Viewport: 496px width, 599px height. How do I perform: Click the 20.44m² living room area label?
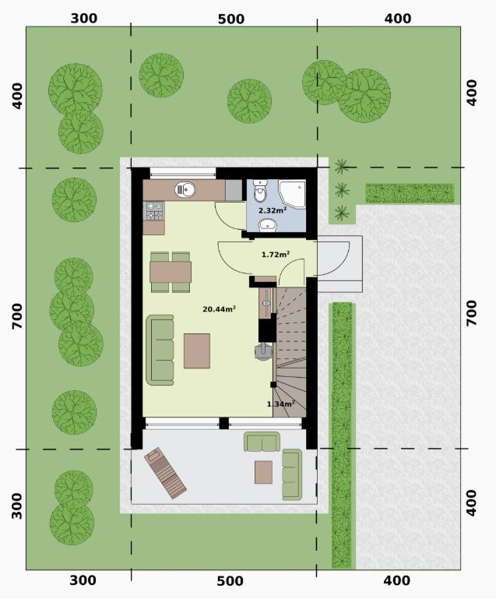pyautogui.click(x=219, y=308)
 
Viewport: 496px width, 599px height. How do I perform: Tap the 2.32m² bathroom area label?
pyautogui.click(x=273, y=210)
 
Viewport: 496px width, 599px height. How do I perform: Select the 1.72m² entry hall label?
pyautogui.click(x=276, y=254)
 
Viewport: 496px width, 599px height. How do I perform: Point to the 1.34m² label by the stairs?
pyautogui.click(x=280, y=403)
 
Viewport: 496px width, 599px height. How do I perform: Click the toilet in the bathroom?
pyautogui.click(x=260, y=191)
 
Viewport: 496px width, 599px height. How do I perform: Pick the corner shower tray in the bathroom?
pyautogui.click(x=292, y=195)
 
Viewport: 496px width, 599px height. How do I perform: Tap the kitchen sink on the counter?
pyautogui.click(x=185, y=189)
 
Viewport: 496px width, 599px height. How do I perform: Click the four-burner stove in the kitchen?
pyautogui.click(x=154, y=211)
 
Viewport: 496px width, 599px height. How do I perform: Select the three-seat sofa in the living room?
pyautogui.click(x=160, y=350)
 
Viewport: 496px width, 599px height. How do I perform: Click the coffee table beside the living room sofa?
pyautogui.click(x=197, y=351)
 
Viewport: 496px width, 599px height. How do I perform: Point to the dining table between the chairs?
pyautogui.click(x=171, y=272)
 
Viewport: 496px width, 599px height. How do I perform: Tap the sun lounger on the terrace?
pyautogui.click(x=165, y=474)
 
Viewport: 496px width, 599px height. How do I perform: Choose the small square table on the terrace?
pyautogui.click(x=264, y=472)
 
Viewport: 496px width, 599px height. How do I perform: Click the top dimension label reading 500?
pyautogui.click(x=231, y=19)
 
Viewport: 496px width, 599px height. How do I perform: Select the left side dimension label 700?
pyautogui.click(x=17, y=316)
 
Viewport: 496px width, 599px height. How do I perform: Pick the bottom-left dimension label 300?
pyautogui.click(x=83, y=580)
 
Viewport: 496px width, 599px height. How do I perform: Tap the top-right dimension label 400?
pyautogui.click(x=398, y=19)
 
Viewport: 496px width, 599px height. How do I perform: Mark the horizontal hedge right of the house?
pyautogui.click(x=410, y=193)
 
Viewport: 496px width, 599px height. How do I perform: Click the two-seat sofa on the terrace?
pyautogui.click(x=262, y=442)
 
